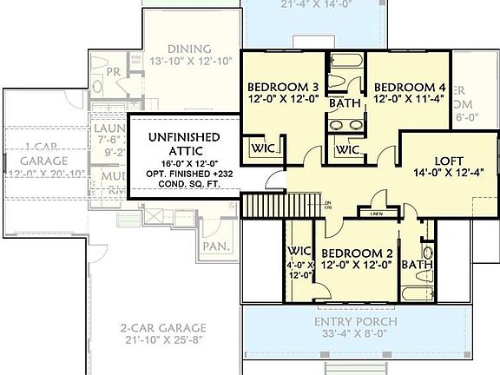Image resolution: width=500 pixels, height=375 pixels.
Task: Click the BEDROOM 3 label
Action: (283, 87)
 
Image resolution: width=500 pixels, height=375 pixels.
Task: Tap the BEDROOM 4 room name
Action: (410, 87)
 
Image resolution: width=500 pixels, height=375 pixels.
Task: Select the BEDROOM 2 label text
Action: (358, 253)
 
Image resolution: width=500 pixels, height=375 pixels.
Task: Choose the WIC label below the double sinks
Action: (348, 150)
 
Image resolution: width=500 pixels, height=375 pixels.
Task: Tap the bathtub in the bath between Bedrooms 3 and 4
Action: (345, 63)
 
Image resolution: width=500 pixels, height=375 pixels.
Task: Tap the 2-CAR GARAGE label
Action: (163, 328)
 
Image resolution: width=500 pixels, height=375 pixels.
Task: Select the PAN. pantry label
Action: (215, 247)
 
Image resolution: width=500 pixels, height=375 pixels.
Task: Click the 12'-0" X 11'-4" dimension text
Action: (410, 100)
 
